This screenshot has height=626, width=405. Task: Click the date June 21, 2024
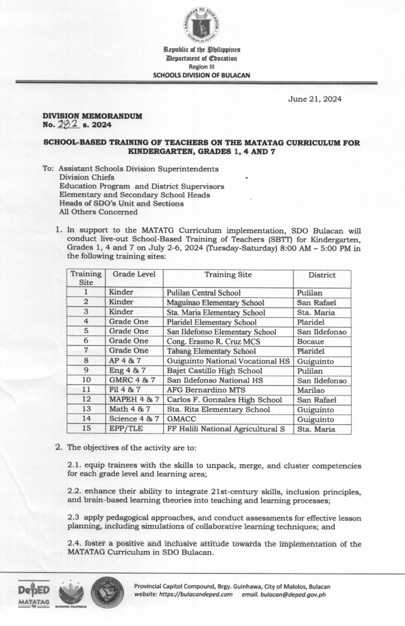[314, 99]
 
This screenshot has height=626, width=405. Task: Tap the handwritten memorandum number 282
[69, 125]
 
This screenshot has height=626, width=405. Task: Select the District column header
[322, 275]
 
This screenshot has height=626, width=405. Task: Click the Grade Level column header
[134, 274]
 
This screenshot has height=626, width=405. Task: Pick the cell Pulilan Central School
[204, 293]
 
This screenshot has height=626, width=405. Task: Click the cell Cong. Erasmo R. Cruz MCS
[213, 341]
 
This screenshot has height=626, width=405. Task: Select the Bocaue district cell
[310, 341]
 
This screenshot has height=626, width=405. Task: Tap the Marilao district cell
[310, 390]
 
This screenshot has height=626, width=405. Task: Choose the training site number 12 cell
[86, 399]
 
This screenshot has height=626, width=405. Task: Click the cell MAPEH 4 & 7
[134, 399]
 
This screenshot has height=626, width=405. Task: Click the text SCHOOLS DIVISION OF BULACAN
[201, 75]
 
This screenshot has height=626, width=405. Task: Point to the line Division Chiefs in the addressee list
[87, 177]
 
